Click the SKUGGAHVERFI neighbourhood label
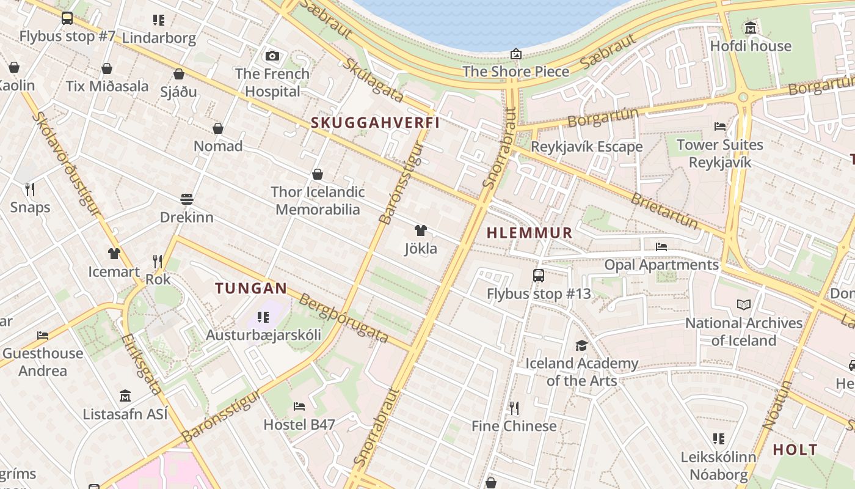375,123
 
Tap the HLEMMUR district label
529,233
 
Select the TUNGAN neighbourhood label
250,289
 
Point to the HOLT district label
795,450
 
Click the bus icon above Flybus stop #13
538,276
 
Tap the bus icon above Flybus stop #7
67,18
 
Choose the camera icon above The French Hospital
272,56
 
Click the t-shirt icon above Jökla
421,230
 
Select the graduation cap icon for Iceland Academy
581,345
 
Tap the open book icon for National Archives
743,304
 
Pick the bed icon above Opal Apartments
661,247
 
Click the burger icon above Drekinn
187,199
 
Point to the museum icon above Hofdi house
751,28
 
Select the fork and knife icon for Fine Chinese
514,408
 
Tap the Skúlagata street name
373,80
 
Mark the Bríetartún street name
664,210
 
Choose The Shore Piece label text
515,72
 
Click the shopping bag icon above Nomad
218,128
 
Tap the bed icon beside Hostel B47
299,406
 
